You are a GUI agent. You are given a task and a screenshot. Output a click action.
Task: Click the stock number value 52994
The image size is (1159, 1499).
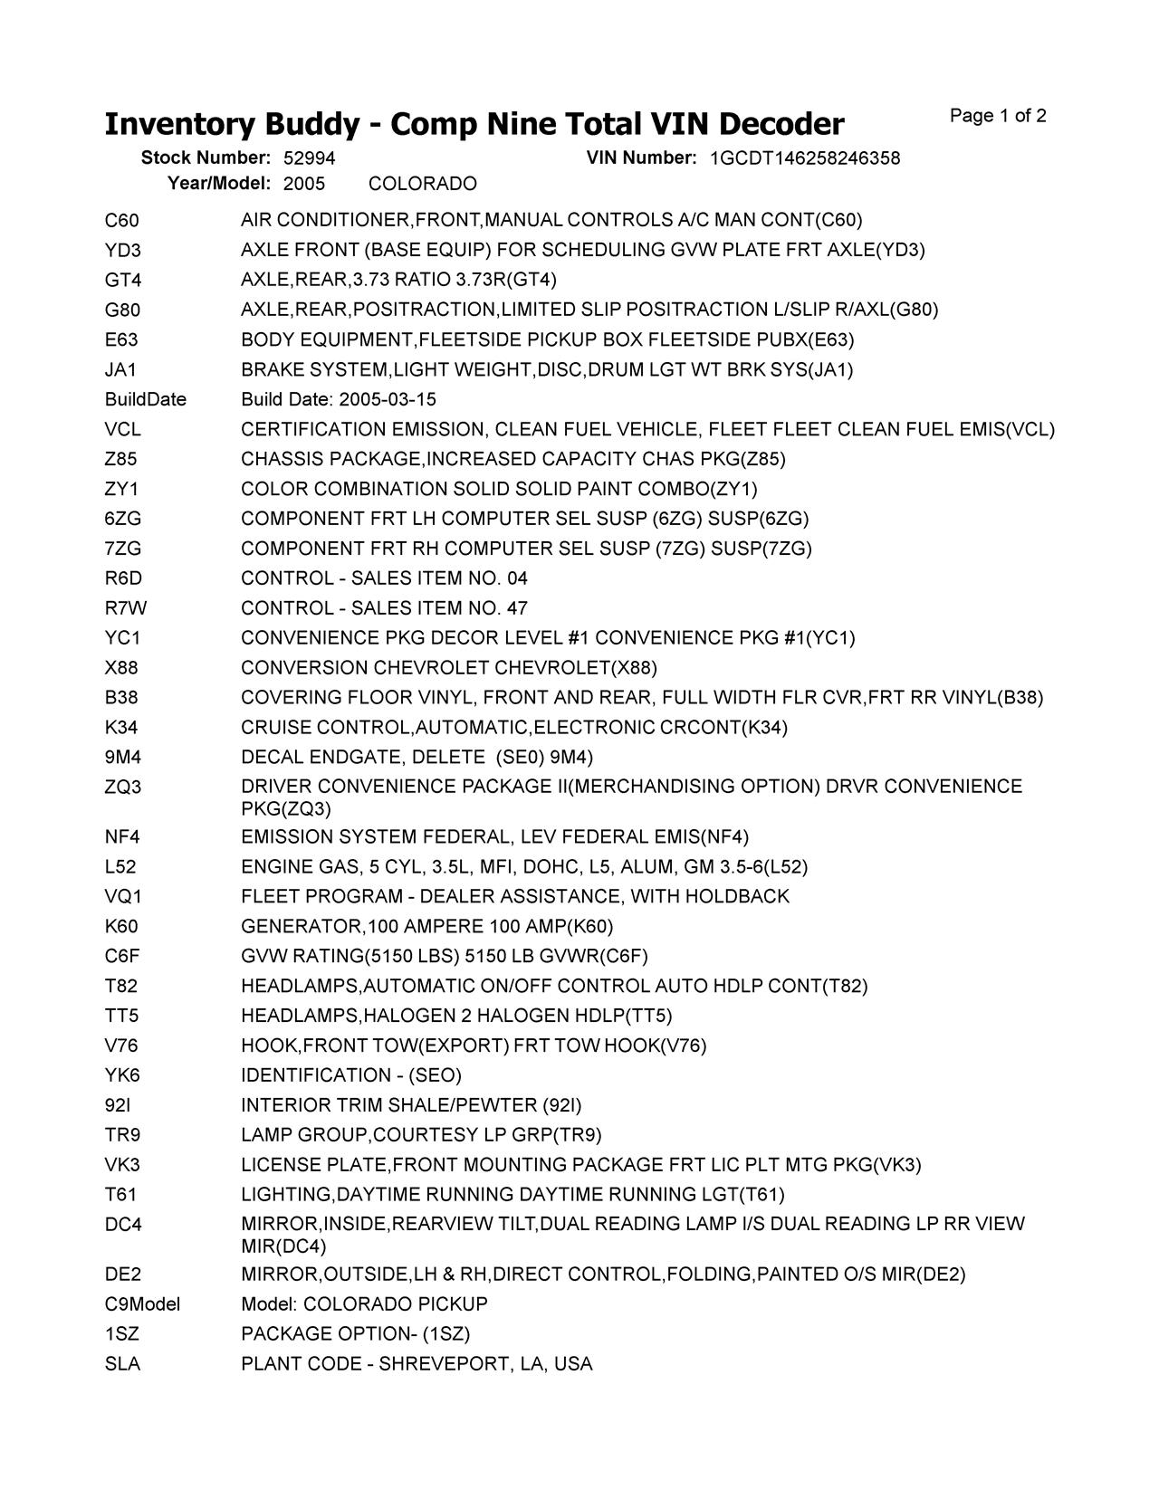pos(309,158)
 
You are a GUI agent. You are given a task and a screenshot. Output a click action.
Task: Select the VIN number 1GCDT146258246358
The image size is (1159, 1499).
pos(805,158)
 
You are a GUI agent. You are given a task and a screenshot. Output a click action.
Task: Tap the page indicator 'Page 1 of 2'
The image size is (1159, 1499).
pos(998,116)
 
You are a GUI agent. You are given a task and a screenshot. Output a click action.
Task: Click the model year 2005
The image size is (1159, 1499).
pos(304,184)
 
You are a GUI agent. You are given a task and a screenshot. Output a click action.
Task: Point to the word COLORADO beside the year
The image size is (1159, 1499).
pos(423,184)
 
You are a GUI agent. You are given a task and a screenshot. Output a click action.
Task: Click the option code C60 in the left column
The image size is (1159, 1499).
pos(122,220)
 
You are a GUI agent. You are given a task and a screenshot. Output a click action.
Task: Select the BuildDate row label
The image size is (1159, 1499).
pos(146,399)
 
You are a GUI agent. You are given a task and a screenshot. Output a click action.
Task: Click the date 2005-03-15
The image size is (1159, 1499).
pos(388,399)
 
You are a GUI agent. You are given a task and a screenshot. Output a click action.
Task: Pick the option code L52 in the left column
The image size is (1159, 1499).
pos(120,866)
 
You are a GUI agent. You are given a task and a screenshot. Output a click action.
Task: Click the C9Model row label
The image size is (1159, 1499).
pos(143,1303)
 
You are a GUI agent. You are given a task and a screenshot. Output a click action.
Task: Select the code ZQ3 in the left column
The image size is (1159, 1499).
pos(123,787)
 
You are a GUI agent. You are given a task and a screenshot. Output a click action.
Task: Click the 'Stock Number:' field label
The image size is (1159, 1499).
pos(206,158)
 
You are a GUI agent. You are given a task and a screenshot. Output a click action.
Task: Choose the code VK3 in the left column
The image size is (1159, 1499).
pos(122,1164)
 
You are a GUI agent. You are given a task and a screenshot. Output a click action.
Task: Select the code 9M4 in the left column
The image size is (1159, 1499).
pos(123,757)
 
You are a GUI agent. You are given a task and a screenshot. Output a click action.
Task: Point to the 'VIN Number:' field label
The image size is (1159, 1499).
pos(641,158)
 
